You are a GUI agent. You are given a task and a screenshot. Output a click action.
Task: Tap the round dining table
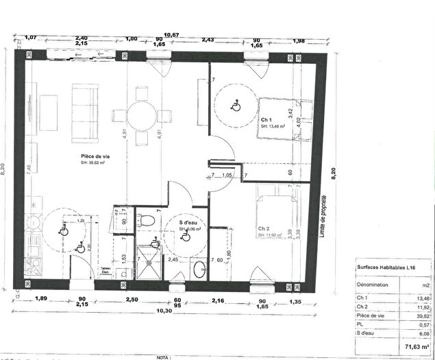click(x=142, y=115)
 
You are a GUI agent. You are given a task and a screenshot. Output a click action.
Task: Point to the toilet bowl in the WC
click(x=143, y=219)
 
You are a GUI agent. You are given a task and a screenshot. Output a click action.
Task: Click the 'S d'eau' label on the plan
click(x=190, y=223)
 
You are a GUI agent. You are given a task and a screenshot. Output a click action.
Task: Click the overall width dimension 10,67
click(x=171, y=35)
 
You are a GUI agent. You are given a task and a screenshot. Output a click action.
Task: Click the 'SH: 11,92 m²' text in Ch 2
click(x=271, y=235)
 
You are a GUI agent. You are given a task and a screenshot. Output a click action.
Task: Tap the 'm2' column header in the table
click(x=424, y=284)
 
